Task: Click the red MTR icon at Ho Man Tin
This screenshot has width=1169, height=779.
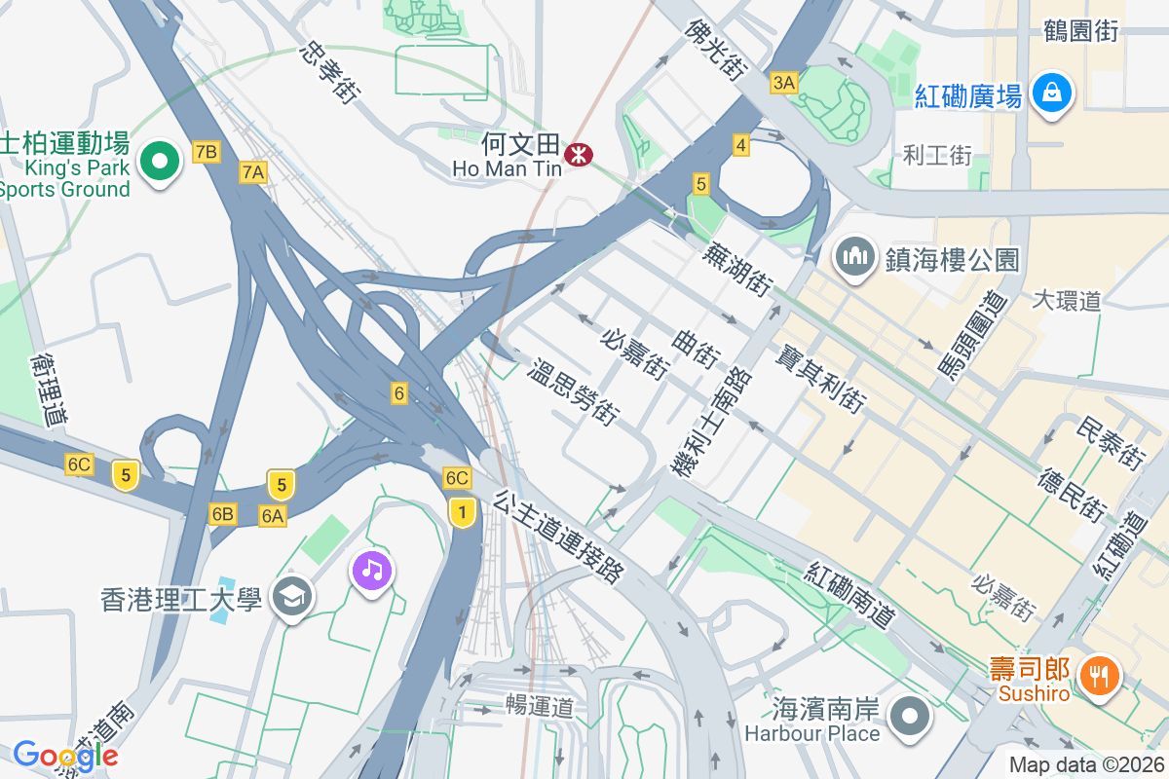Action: [x=579, y=154]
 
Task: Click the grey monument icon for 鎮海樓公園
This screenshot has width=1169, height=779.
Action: [x=855, y=258]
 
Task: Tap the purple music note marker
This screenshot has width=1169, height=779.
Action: [x=372, y=570]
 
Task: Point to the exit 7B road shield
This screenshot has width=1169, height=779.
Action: [x=207, y=151]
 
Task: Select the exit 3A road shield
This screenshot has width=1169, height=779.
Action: [x=783, y=83]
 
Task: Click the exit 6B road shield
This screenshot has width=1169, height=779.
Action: [x=222, y=513]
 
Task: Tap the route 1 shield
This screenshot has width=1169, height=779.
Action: [x=462, y=511]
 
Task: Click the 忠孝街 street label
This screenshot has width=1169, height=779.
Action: [x=332, y=72]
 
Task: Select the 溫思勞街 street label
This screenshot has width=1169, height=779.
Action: [x=575, y=391]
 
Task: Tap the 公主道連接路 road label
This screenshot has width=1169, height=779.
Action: [x=558, y=537]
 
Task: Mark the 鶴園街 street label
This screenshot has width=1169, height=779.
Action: [x=1080, y=31]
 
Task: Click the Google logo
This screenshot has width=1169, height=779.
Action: [x=65, y=755]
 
